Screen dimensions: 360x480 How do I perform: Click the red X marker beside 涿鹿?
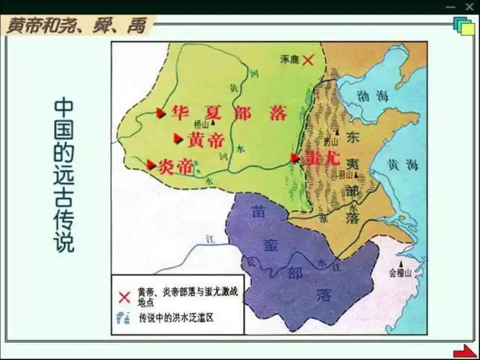point(308,61)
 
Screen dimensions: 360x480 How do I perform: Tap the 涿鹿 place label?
point(289,61)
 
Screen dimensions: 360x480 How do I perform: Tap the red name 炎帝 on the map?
point(175,166)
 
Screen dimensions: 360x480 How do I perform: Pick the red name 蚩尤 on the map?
point(322,158)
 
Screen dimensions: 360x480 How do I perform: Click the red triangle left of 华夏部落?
point(161,112)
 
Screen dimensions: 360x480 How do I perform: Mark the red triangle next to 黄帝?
point(178,139)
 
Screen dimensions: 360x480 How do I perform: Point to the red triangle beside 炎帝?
point(151,165)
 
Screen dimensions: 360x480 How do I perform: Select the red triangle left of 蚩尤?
point(295,156)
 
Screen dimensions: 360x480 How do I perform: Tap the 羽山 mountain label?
point(347,174)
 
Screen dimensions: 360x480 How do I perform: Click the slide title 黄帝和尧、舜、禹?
point(76,27)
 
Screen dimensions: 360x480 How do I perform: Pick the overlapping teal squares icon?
point(462,26)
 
